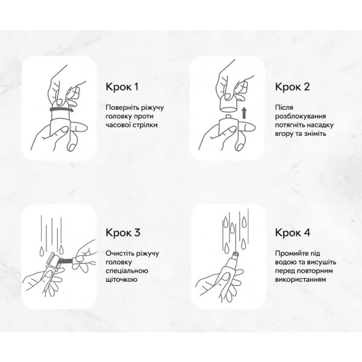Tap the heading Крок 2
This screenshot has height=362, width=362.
pos(293,87)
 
